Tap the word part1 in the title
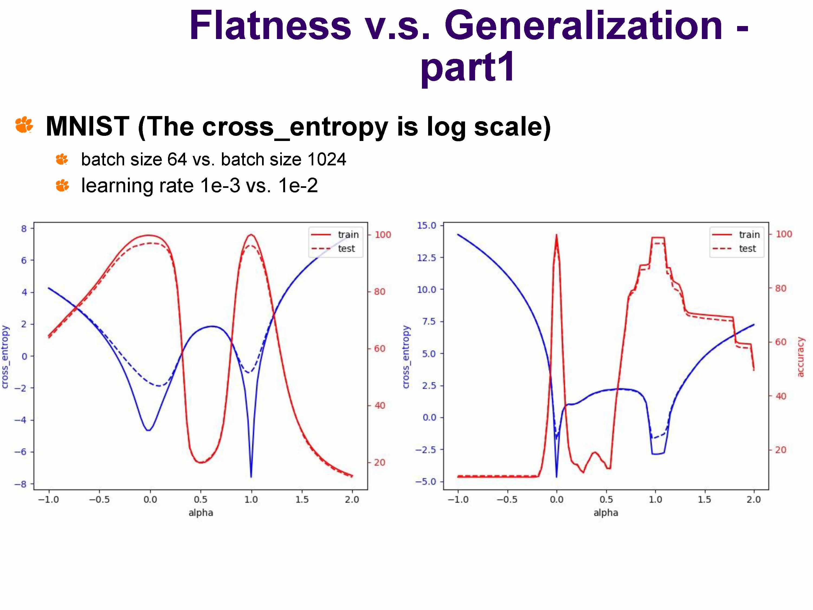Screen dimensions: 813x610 point(468,67)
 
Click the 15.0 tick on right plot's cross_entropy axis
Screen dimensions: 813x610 point(426,225)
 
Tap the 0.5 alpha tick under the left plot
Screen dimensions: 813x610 point(201,499)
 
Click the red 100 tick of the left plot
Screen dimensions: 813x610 point(383,235)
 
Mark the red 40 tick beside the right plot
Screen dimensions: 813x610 point(781,396)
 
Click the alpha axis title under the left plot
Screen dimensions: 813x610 point(201,513)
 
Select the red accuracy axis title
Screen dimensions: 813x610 point(800,357)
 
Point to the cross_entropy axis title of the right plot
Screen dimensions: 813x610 point(406,357)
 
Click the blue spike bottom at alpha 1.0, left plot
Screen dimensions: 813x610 point(251,477)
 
